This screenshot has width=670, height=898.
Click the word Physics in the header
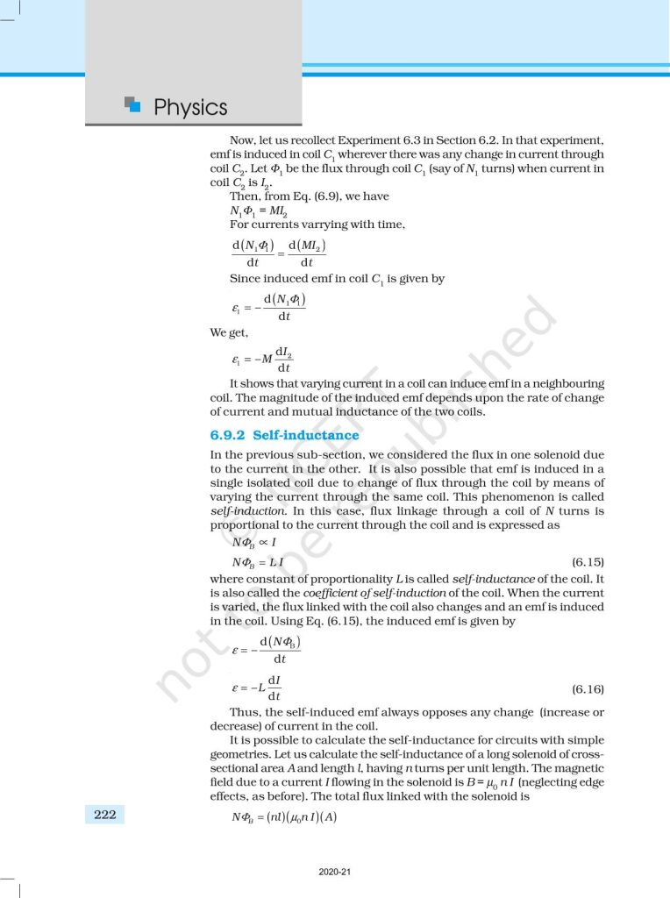189,107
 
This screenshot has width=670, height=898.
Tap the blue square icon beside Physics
132,104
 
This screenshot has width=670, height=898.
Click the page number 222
105,815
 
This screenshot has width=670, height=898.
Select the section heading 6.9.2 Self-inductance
284,435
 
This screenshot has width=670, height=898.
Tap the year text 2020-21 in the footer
334,872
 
